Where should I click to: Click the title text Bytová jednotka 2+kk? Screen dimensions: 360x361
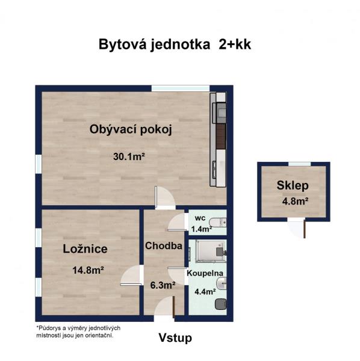[175, 45]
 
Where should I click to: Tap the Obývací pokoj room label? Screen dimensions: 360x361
[131, 129]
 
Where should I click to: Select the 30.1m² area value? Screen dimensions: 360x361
[129, 157]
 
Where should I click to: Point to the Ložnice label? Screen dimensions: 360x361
[85, 249]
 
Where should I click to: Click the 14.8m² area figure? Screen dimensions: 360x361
[88, 270]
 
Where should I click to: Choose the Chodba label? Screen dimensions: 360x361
[164, 246]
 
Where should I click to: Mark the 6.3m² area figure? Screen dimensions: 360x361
[163, 285]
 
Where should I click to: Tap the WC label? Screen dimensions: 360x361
[200, 218]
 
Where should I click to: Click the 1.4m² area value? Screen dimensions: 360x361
[202, 229]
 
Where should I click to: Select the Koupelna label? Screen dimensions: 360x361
[205, 273]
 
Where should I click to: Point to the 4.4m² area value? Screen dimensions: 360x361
[205, 292]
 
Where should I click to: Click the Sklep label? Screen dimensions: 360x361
[293, 185]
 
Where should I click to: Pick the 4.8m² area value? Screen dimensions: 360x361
[296, 202]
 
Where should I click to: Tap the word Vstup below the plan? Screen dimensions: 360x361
[175, 338]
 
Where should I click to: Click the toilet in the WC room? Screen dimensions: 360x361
[218, 223]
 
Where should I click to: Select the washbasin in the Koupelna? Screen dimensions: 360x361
[222, 283]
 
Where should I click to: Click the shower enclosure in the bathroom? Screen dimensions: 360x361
[211, 251]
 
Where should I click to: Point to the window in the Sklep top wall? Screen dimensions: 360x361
[299, 164]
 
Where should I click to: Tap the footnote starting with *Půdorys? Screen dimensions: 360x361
[78, 332]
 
